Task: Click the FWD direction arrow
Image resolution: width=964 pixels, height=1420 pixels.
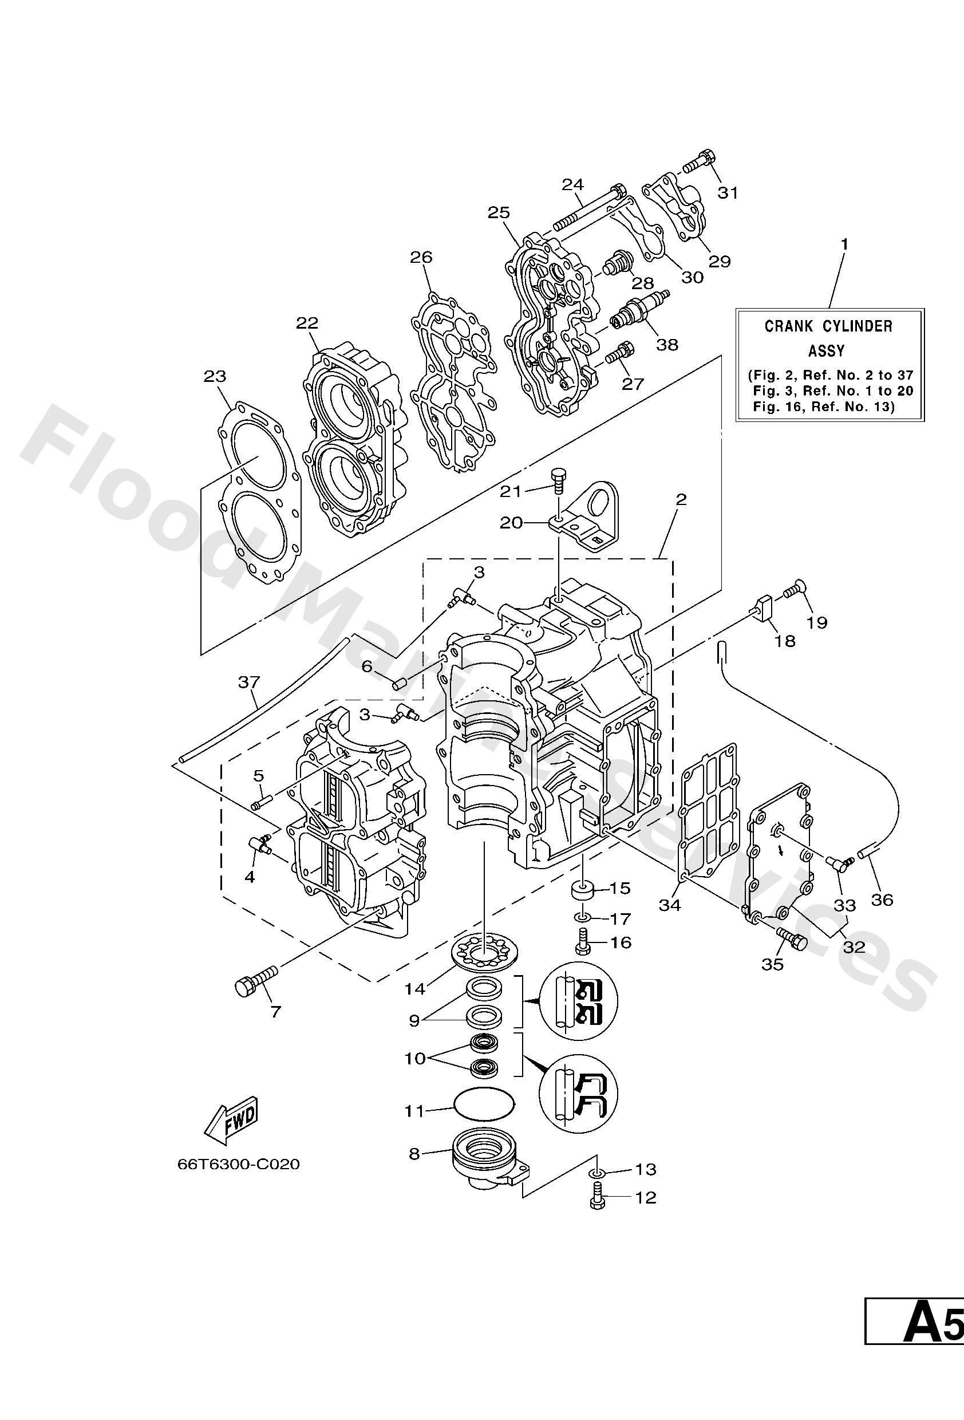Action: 231,1123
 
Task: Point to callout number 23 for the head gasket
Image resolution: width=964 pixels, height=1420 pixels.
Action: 215,376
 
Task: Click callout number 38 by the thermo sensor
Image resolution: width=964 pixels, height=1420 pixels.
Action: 666,345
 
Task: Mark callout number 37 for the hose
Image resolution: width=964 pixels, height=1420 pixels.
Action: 248,682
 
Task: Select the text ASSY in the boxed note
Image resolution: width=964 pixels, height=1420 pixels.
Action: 826,352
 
